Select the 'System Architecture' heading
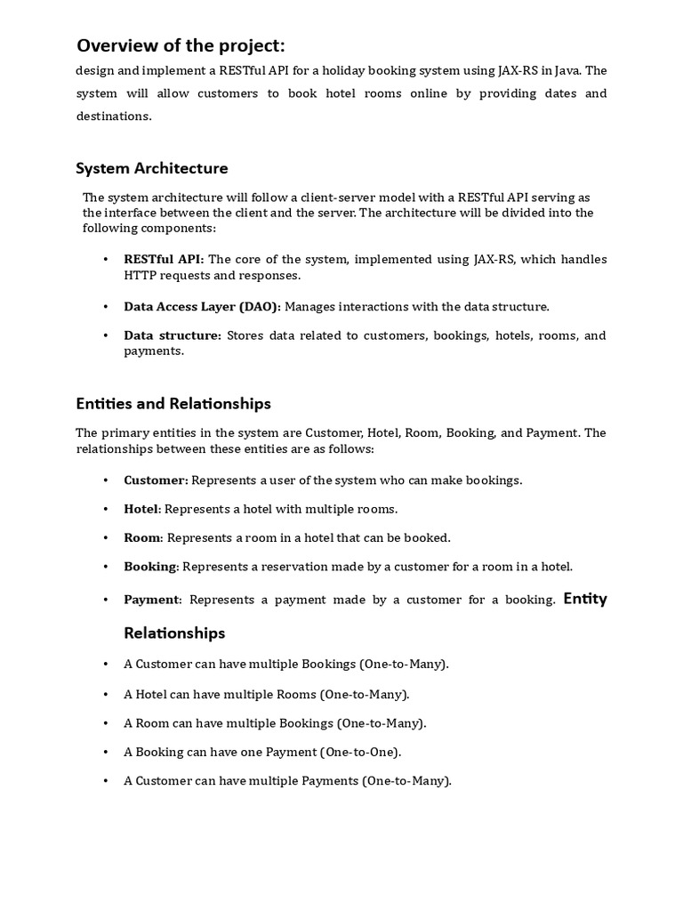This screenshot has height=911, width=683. [x=151, y=168]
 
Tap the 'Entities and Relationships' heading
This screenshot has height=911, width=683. [x=173, y=403]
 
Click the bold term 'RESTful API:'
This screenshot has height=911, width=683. [x=164, y=259]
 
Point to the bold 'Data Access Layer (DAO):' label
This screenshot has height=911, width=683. [x=202, y=306]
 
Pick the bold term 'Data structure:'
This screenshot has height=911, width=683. [x=173, y=335]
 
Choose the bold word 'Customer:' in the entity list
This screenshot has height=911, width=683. [x=156, y=480]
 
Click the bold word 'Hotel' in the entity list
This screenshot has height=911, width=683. [x=141, y=509]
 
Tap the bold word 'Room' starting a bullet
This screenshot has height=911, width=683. [x=141, y=537]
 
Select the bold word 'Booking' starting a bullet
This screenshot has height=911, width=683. [x=150, y=566]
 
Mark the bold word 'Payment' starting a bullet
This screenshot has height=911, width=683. [x=151, y=600]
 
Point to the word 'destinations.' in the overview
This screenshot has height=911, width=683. [x=114, y=116]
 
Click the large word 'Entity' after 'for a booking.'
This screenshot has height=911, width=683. [x=585, y=598]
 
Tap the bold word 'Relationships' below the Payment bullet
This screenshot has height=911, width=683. [x=174, y=633]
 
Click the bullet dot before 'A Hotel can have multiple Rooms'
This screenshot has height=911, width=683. [x=105, y=694]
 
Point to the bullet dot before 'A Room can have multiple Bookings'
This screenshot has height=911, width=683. [x=105, y=723]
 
